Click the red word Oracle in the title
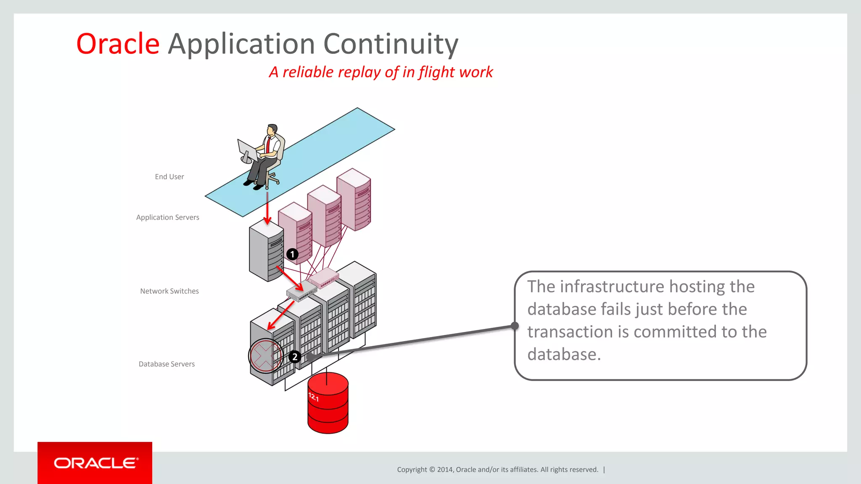[x=118, y=44]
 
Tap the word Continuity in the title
[x=391, y=44]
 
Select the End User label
[x=169, y=177]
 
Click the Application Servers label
[x=167, y=217]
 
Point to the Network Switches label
[x=169, y=291]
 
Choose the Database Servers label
[x=166, y=364]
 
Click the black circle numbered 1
[x=292, y=254]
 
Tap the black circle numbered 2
[x=294, y=357]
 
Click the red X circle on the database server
[x=265, y=356]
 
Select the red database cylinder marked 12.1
[x=328, y=403]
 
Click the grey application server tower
[x=266, y=252]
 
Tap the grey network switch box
[x=301, y=291]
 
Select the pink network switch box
[x=323, y=277]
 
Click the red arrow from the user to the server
[x=267, y=208]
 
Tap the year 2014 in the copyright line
[x=444, y=470]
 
